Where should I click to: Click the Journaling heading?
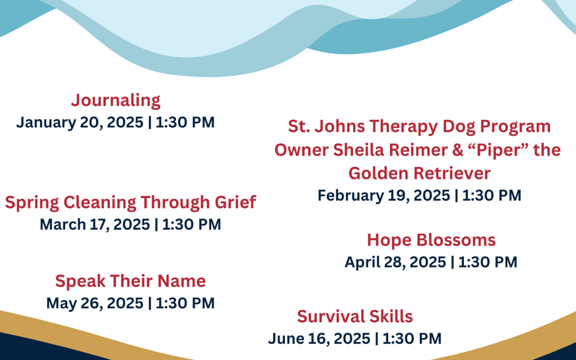pyautogui.click(x=116, y=100)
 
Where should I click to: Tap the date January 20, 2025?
pyautogui.click(x=80, y=122)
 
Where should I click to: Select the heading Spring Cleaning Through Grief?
pyautogui.click(x=131, y=203)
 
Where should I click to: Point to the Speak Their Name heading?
pyautogui.click(x=131, y=281)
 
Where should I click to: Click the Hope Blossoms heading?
pyautogui.click(x=431, y=240)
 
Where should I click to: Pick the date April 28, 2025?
pyautogui.click(x=395, y=262)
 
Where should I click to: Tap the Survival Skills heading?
pyautogui.click(x=355, y=316)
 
